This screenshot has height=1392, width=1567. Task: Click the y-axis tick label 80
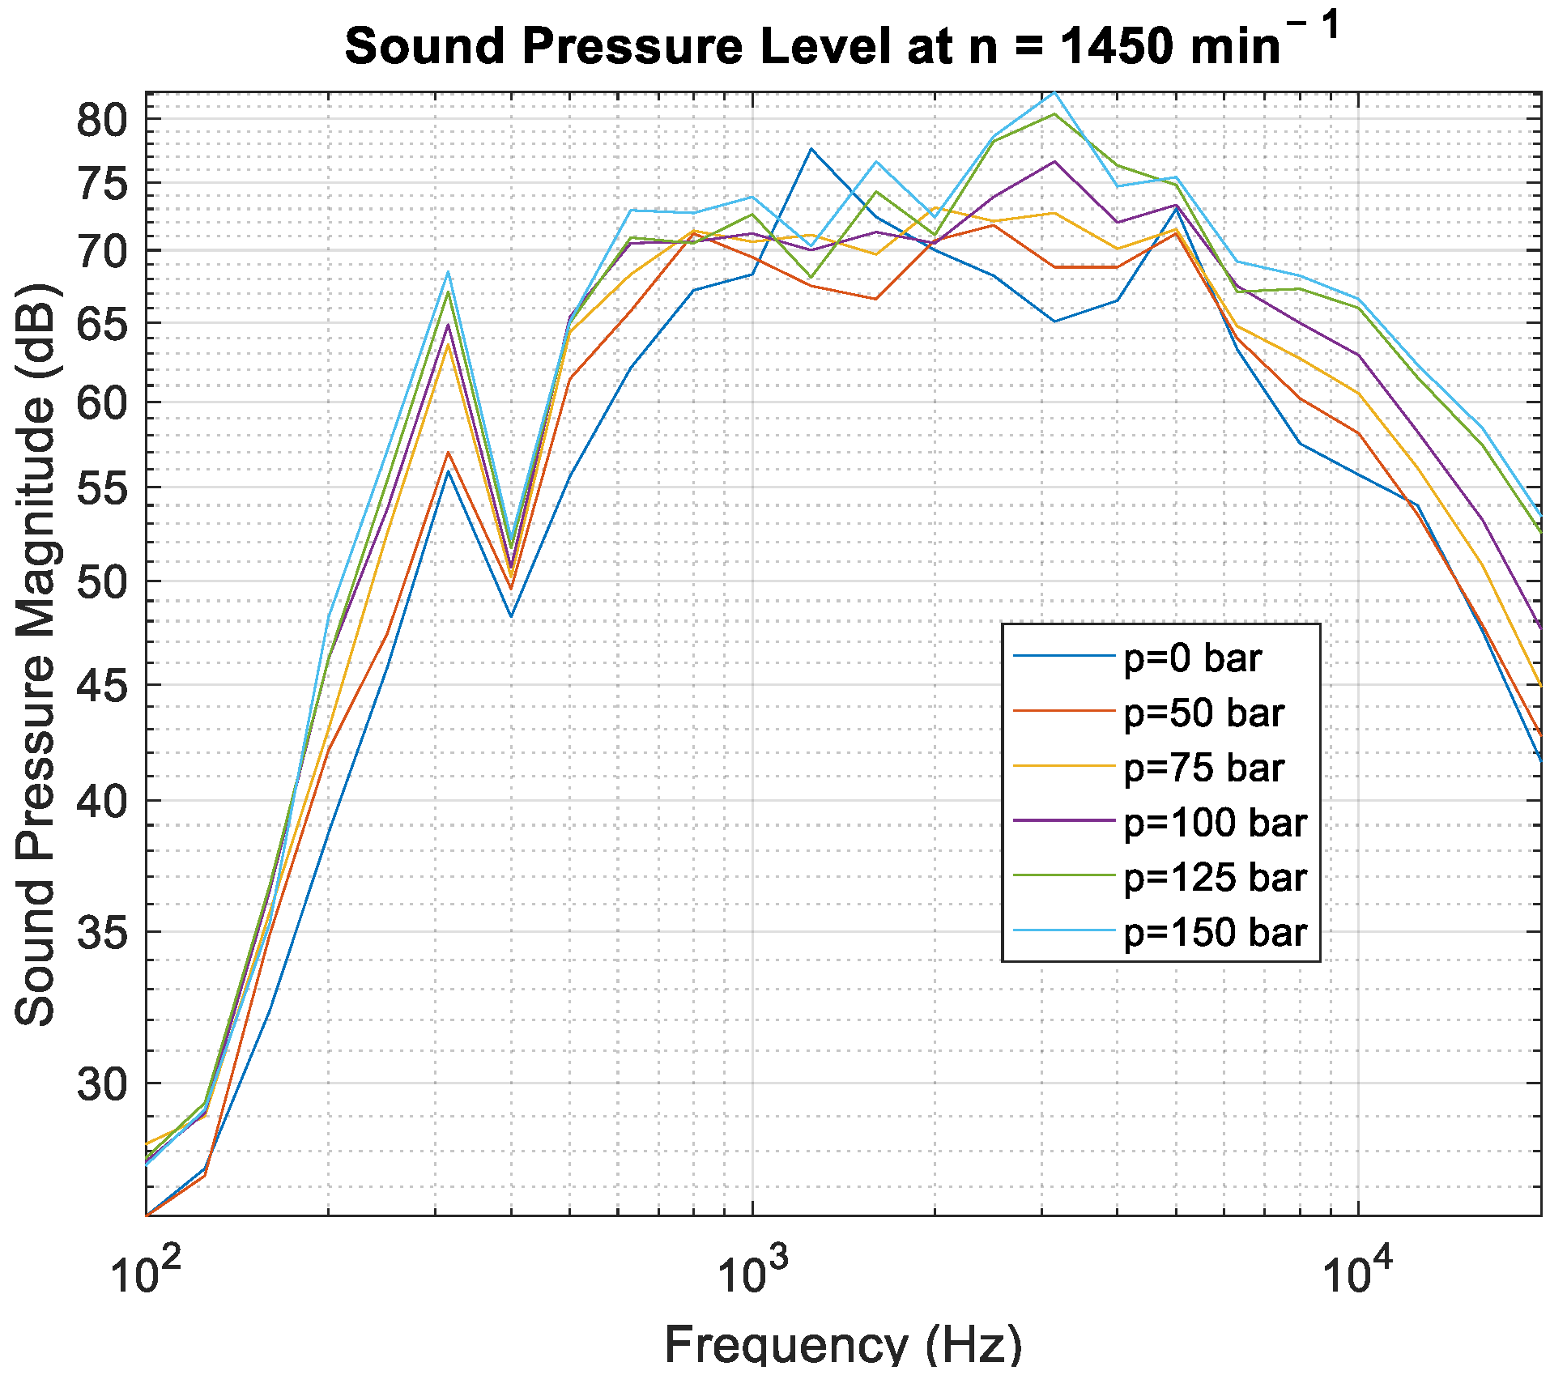pos(102,121)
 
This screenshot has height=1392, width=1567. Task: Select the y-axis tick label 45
pos(102,685)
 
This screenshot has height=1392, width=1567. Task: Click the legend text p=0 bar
pos(1192,658)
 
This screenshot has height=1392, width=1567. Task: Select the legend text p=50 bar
pos(1203,713)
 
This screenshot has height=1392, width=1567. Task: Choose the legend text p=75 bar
pos(1203,768)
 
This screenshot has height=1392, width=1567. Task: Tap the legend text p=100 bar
pos(1215,823)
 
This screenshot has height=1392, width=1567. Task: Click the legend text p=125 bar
pos(1215,878)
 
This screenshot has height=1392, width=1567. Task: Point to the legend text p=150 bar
pos(1215,933)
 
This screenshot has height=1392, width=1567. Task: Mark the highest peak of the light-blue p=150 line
pos(1054,92)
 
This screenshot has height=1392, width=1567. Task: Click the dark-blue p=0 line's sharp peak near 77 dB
pos(811,149)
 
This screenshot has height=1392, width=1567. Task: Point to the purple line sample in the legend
pos(1064,821)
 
